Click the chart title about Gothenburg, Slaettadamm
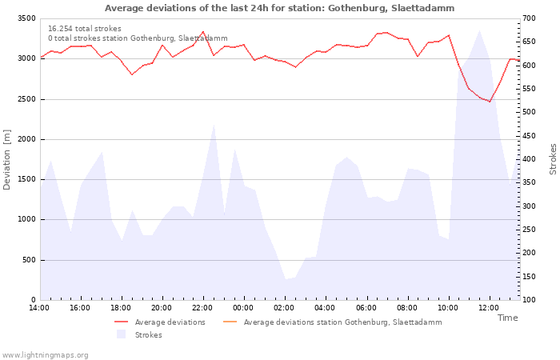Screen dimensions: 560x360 (280, 8)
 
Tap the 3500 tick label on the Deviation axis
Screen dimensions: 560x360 (26, 18)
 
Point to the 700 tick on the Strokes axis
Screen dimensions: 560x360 (529, 18)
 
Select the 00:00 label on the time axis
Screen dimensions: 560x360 (243, 308)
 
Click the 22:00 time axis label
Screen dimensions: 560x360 (202, 308)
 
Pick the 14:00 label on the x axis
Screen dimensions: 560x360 (39, 308)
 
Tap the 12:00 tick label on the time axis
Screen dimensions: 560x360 (489, 308)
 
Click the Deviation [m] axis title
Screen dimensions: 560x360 (6, 160)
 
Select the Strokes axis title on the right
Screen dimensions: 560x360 (553, 159)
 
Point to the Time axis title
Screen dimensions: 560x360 (508, 318)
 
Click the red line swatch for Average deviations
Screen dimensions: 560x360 (121, 322)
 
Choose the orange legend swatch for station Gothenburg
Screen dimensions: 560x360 (230, 322)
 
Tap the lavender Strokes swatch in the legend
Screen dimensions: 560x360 (121, 334)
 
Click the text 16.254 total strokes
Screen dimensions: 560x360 (85, 29)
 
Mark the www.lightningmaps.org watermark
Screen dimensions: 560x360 (45, 355)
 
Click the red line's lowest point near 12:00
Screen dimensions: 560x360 (490, 102)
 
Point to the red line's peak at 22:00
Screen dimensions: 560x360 (203, 31)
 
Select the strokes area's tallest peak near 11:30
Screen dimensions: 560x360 (479, 30)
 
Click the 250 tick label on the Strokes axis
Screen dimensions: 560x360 (529, 230)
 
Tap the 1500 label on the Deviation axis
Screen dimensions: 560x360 (26, 179)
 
